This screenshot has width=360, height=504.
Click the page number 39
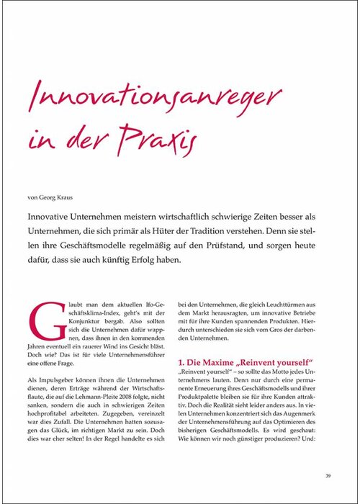click(327, 474)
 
